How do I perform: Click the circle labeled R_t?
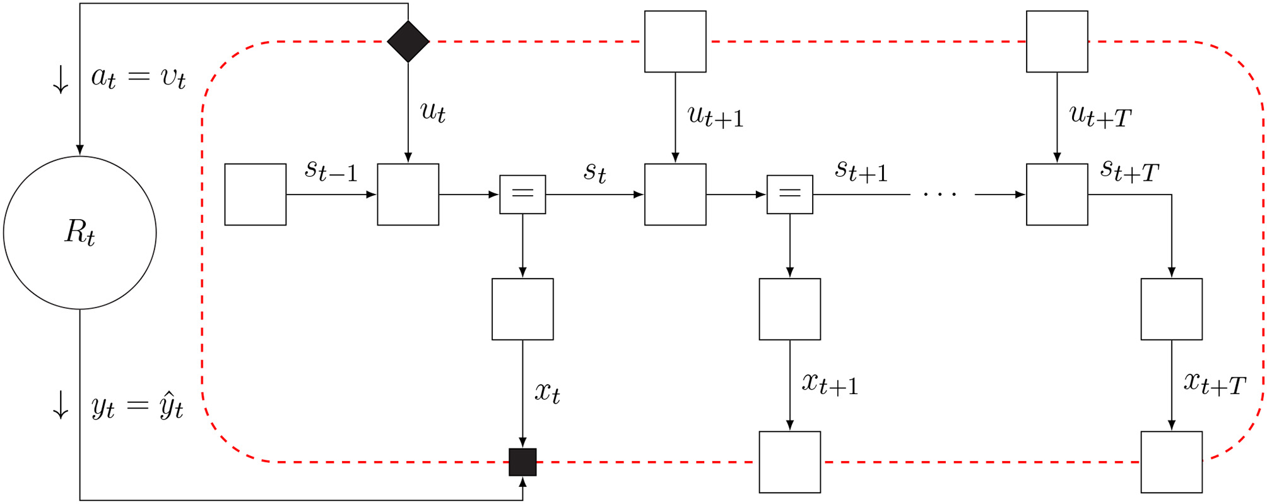80,232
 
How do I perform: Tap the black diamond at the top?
408,42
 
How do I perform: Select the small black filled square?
522,462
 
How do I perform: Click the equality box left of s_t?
522,195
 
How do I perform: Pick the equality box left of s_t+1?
789,195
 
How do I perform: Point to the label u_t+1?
716,117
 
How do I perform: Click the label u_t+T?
1100,117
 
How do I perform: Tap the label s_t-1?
331,171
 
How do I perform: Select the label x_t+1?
830,383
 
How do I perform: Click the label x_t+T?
1214,383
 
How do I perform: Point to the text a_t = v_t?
138,78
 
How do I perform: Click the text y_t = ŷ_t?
137,406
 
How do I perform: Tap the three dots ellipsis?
940,195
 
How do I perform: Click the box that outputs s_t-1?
256,195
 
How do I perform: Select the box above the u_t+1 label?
675,42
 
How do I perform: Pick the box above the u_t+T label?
1057,42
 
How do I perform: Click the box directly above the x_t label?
522,309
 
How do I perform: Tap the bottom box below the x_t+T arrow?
1171,462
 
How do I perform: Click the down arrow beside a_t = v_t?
61,80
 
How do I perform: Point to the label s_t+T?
1129,171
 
